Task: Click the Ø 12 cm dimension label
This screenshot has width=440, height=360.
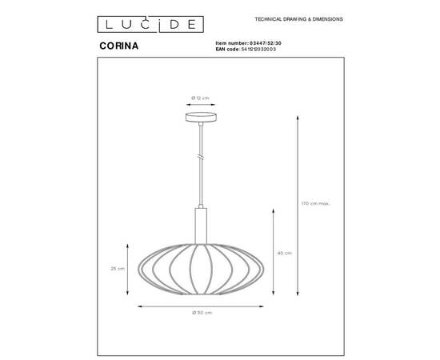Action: tap(200, 98)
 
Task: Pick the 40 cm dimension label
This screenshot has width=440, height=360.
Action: tap(283, 253)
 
